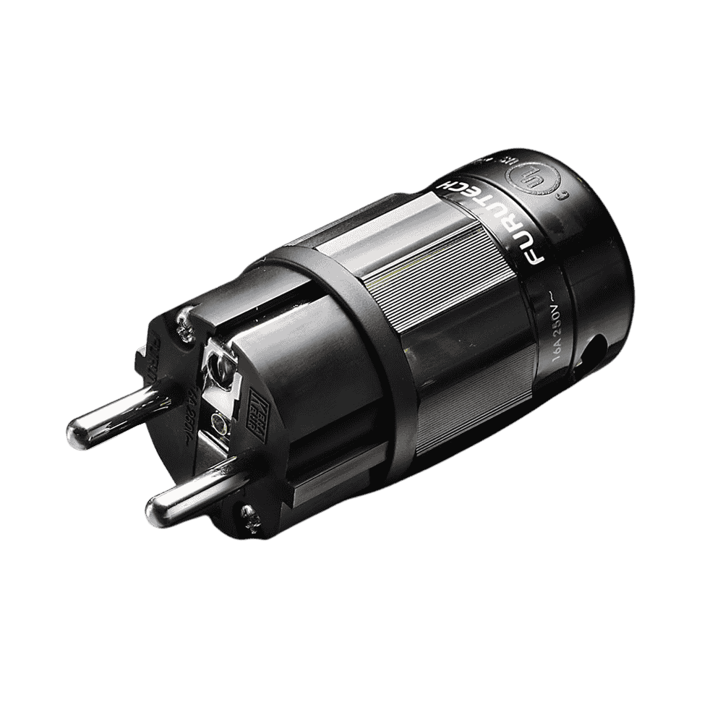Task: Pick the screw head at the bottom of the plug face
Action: (249, 514)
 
